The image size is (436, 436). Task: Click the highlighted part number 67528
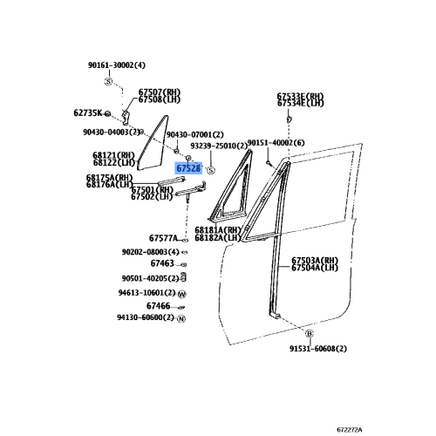pos(188,168)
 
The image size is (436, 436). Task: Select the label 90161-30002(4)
pos(117,65)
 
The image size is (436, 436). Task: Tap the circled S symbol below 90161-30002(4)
pos(108,82)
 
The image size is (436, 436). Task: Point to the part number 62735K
pos(88,112)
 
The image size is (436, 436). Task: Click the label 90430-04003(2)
pos(112,133)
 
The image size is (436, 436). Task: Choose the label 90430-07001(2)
pos(195,135)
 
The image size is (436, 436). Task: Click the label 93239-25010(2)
pos(219,146)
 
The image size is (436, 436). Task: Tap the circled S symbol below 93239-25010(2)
pos(211,170)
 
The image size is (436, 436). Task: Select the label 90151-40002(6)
pos(276,143)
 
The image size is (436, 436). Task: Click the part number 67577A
pos(163,238)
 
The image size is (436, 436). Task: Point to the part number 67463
pos(162,263)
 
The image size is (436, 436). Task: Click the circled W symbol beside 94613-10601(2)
pos(181,294)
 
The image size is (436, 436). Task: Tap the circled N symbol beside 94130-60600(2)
pos(181,319)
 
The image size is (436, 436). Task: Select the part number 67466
pos(158,306)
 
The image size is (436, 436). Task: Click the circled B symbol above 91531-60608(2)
pos(310,333)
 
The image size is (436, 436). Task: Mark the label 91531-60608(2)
pos(318,348)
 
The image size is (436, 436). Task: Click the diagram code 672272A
pos(350,430)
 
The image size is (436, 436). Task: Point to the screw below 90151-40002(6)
pos(269,163)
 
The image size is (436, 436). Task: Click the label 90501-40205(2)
pos(150,278)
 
